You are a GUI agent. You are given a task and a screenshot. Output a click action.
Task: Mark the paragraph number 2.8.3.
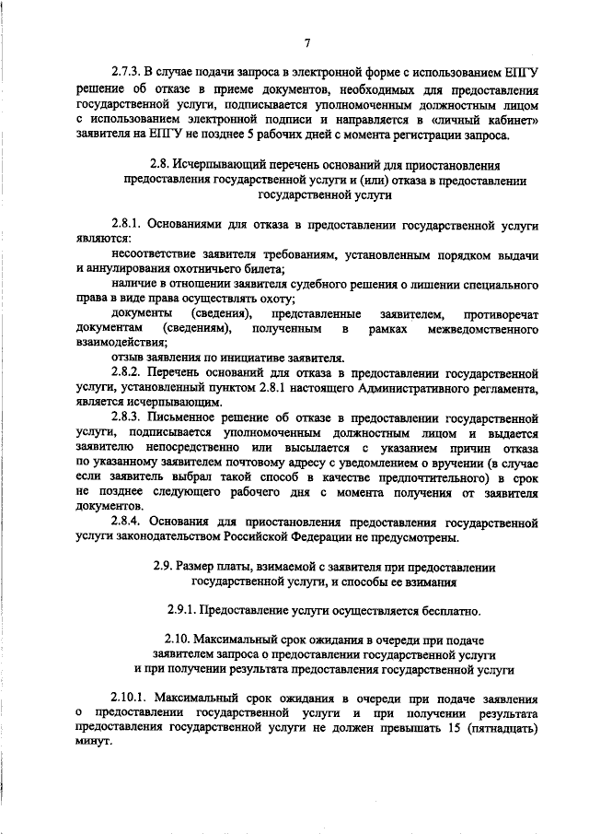[x=128, y=416]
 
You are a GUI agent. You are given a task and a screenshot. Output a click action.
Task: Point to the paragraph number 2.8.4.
[x=128, y=521]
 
